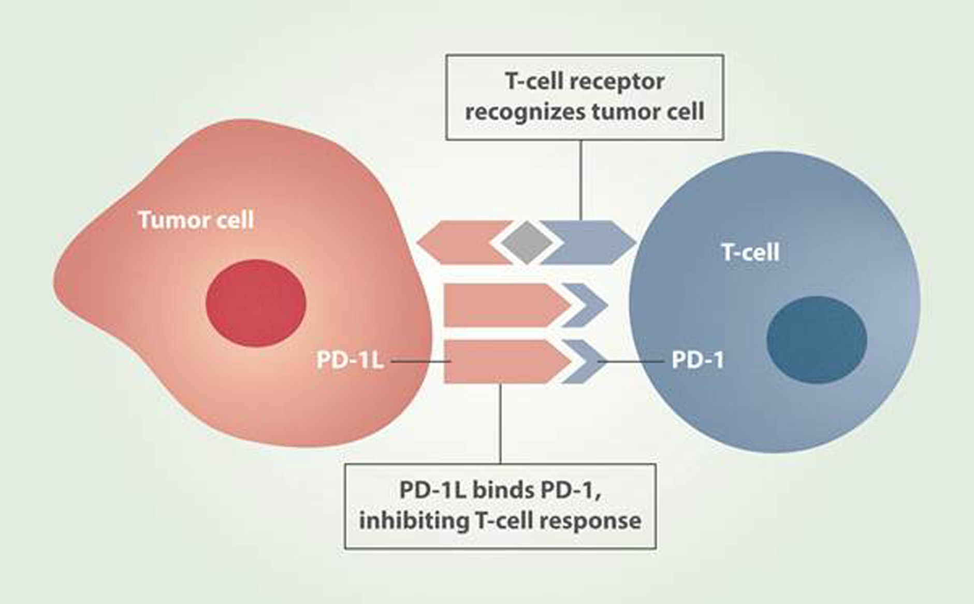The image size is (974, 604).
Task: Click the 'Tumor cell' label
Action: [196, 220]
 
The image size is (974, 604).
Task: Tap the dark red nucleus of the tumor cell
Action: [256, 303]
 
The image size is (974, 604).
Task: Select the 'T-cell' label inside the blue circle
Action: [750, 253]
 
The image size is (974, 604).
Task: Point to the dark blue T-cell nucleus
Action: [817, 339]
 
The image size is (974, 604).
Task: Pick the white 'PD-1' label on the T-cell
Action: [697, 361]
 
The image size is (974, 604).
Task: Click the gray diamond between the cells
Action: [526, 242]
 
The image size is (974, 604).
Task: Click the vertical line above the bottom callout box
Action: [500, 425]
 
